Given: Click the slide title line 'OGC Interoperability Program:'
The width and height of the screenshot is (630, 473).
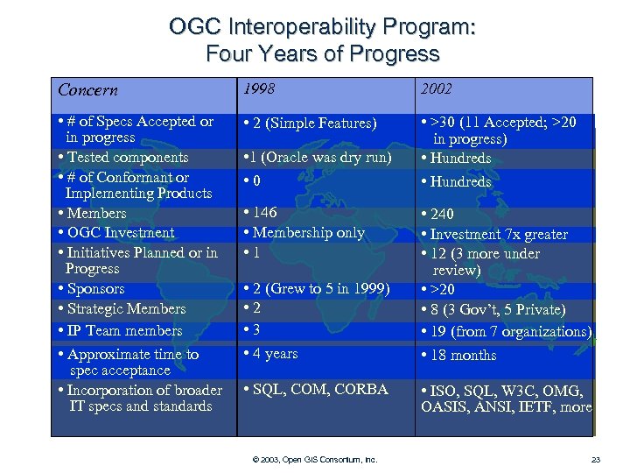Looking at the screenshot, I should click(322, 27).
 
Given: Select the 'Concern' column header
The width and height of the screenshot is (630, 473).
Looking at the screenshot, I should click(87, 90).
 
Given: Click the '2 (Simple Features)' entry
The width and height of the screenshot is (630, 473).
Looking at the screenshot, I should click(311, 124).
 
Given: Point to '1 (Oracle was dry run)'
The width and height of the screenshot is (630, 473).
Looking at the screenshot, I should click(317, 158).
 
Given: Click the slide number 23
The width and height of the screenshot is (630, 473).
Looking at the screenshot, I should click(596, 459).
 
